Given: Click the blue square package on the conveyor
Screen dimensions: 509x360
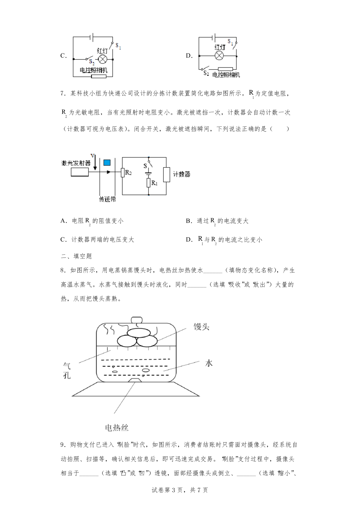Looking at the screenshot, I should click(107, 163).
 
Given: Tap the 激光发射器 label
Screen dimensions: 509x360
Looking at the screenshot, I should click(76, 163).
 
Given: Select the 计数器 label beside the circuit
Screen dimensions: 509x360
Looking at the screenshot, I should click(182, 174).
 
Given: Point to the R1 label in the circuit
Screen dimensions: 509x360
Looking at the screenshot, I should click(154, 183).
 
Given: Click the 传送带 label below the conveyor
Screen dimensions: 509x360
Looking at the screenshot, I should click(108, 199).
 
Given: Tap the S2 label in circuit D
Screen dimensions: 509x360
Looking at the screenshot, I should click(206, 73).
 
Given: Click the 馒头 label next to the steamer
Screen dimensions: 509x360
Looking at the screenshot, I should click(202, 327).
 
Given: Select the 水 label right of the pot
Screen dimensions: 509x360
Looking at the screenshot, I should click(209, 363).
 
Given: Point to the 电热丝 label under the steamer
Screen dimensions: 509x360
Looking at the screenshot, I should click(117, 428).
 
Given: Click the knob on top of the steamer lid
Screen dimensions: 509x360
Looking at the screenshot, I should click(137, 320).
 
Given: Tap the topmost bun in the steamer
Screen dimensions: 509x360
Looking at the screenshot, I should click(139, 332).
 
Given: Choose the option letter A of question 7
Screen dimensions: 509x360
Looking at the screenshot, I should click(63, 221).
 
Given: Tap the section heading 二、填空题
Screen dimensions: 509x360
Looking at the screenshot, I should click(76, 256).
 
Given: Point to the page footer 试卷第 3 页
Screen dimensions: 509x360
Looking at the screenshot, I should click(180, 490).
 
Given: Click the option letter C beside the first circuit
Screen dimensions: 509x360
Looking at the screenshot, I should click(63, 56).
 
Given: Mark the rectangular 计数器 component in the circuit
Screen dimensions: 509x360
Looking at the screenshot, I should click(167, 175).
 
